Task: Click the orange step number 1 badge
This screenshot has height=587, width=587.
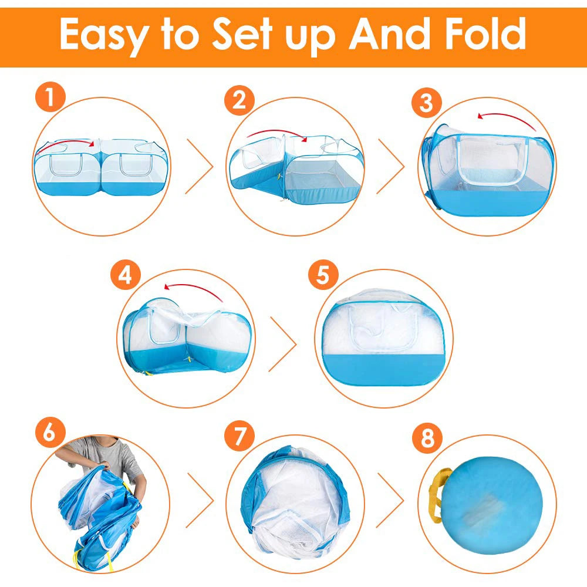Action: [51, 98]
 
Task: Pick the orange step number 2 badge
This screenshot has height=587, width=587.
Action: [239, 100]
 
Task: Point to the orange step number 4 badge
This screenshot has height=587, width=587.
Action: [126, 276]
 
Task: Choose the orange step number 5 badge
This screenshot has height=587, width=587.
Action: [323, 276]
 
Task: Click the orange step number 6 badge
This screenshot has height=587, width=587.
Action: [51, 435]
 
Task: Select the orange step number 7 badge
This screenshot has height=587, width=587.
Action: [239, 437]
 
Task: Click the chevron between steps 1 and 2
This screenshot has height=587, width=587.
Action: [200, 167]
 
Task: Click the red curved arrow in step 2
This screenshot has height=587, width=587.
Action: [276, 135]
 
